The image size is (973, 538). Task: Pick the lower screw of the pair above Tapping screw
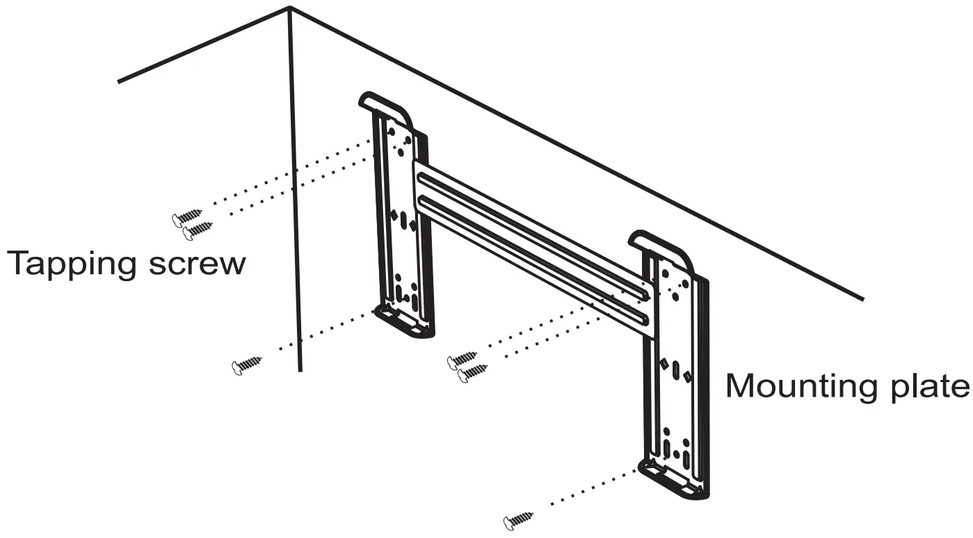point(199,230)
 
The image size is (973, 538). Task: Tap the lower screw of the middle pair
point(473,373)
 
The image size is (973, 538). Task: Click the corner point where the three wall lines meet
point(290,8)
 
